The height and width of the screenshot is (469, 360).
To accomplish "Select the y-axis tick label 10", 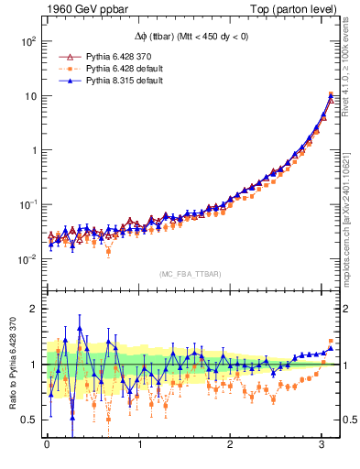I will coord(29,96).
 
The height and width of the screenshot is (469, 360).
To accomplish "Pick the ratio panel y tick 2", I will coord(33,309).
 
